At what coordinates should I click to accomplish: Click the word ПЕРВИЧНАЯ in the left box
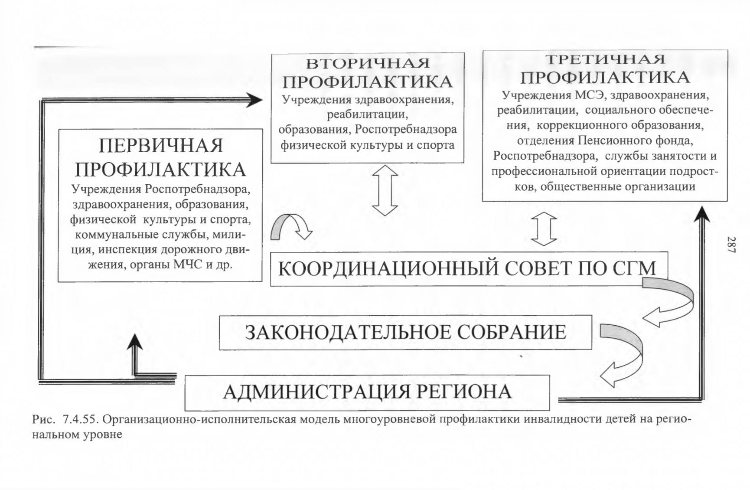pyautogui.click(x=161, y=146)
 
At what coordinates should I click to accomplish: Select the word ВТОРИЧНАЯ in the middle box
pyautogui.click(x=368, y=64)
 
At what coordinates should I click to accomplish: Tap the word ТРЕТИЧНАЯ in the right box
pyautogui.click(x=605, y=59)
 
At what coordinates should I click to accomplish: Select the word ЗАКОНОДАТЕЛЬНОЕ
pyautogui.click(x=349, y=333)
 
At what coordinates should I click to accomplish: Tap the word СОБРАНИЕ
pyautogui.click(x=512, y=333)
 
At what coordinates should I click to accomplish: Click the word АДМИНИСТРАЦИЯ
pyautogui.click(x=316, y=392)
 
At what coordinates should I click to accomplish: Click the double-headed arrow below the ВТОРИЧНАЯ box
pyautogui.click(x=385, y=190)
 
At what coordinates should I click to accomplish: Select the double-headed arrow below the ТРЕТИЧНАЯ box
pyautogui.click(x=544, y=229)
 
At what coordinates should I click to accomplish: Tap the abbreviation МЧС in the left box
pyautogui.click(x=188, y=264)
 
